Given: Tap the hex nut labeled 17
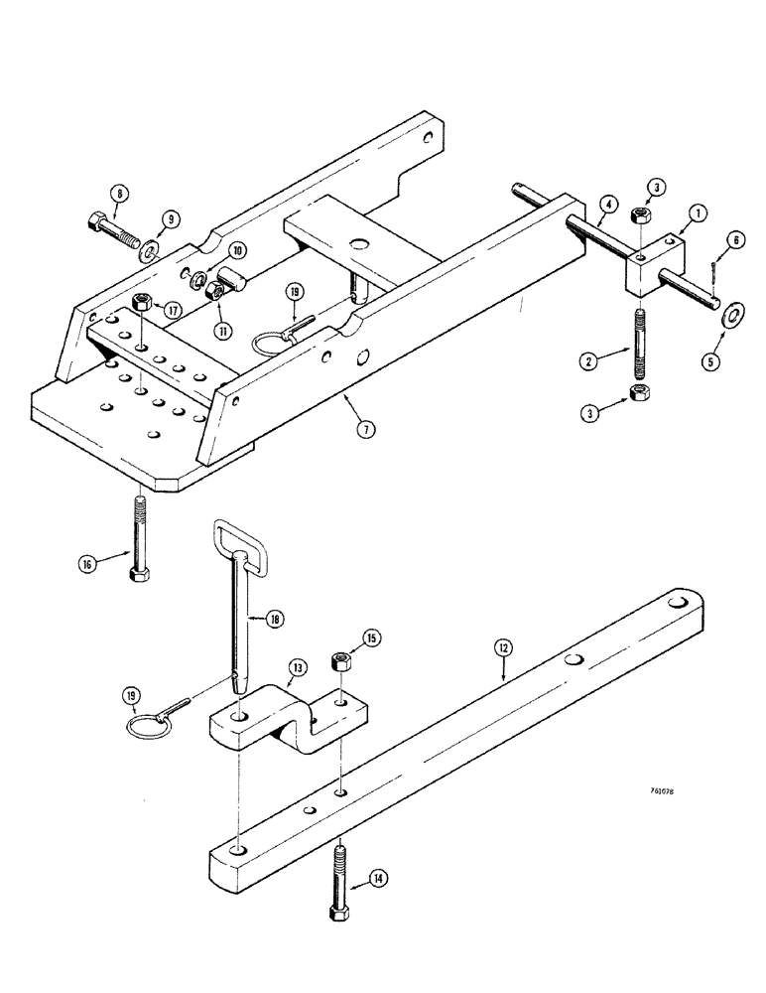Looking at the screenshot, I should tap(142, 303).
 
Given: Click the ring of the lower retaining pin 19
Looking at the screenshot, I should tap(147, 726).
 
